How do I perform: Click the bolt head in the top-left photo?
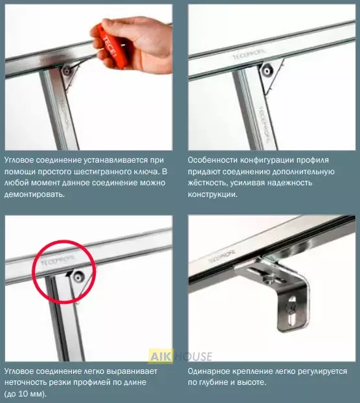click(67, 71)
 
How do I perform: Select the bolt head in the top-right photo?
click(267, 70)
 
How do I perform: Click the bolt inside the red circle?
click(78, 277)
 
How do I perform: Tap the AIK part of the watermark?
click(161, 356)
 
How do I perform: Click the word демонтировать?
click(34, 194)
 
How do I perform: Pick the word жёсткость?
click(207, 183)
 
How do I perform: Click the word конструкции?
click(212, 194)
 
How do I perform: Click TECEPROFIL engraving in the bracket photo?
click(222, 256)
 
